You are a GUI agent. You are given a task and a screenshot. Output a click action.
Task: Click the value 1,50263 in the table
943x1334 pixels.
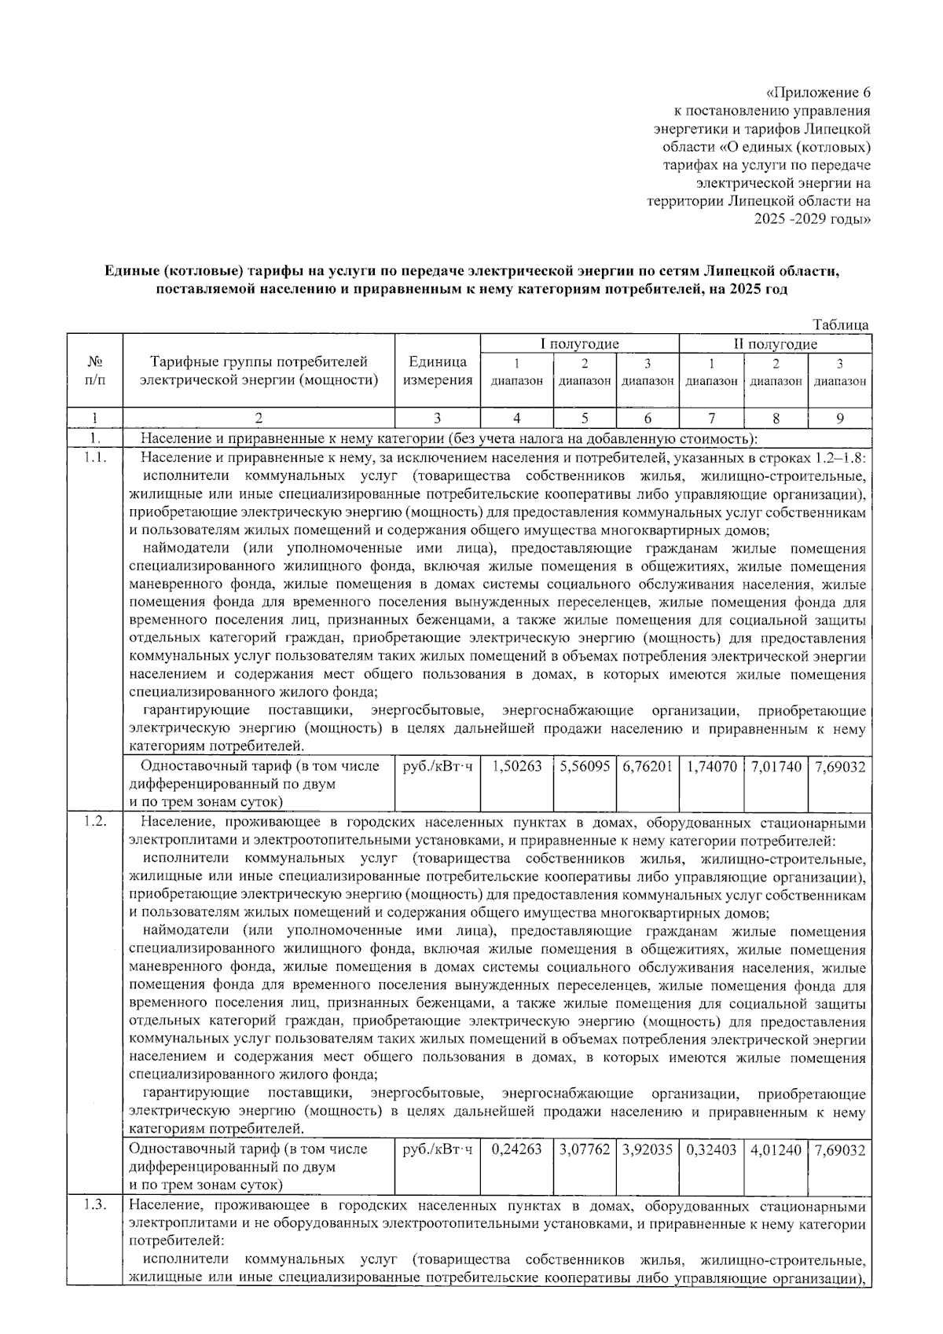click(516, 766)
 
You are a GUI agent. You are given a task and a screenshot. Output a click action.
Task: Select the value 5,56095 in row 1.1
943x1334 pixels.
click(585, 766)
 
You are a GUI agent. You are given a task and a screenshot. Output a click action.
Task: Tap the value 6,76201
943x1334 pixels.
click(648, 766)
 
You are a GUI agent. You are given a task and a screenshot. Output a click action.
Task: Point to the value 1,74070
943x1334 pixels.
click(711, 766)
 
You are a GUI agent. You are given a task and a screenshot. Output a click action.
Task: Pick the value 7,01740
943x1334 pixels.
click(776, 766)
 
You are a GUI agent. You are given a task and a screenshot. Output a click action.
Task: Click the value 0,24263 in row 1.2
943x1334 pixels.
click(516, 1150)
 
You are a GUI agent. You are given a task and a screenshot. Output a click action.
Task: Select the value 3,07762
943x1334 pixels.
click(585, 1150)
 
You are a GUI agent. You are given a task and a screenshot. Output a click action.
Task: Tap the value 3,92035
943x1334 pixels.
click(648, 1150)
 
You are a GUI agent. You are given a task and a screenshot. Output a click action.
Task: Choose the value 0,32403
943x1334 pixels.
click(711, 1150)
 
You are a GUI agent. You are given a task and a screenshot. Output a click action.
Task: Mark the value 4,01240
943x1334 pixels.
click(776, 1150)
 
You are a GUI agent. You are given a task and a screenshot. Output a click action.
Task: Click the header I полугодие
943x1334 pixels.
click(579, 344)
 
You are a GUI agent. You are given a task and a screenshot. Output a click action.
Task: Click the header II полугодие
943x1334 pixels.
click(775, 344)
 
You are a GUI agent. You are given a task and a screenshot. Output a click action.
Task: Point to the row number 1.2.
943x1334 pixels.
click(94, 823)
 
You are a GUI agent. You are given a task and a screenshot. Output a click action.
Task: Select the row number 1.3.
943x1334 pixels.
click(94, 1207)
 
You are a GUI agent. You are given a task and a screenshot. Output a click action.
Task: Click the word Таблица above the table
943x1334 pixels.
click(841, 325)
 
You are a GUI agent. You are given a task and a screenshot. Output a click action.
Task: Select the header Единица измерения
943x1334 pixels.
click(438, 372)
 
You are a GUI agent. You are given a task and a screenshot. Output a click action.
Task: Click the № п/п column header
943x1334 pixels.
click(94, 372)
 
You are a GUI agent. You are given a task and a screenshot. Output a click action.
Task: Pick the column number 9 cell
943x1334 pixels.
click(839, 419)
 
